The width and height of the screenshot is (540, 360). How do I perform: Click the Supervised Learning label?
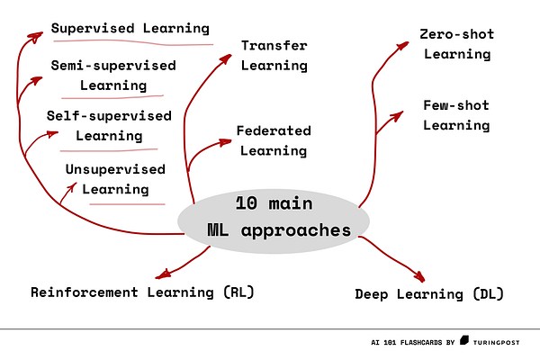(x=130, y=29)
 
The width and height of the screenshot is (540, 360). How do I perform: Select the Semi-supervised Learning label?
(x=112, y=76)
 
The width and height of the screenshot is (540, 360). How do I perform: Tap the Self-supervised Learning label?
(x=109, y=126)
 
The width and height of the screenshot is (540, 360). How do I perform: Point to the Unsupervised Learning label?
(x=115, y=178)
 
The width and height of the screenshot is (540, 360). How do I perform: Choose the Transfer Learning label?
(x=274, y=55)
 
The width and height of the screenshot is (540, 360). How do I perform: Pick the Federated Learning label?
(x=273, y=139)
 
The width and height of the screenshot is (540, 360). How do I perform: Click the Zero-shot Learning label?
(x=456, y=44)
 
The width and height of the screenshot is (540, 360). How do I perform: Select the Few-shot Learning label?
(x=456, y=115)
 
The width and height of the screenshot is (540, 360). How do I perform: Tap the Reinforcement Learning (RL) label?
(x=142, y=292)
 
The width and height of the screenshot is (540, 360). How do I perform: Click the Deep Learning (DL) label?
(x=429, y=293)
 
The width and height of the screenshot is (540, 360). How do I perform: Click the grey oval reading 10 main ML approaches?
(x=274, y=217)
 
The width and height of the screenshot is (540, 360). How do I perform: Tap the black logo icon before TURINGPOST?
(x=464, y=342)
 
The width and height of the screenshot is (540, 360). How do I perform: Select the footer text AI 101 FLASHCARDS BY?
(x=412, y=343)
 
